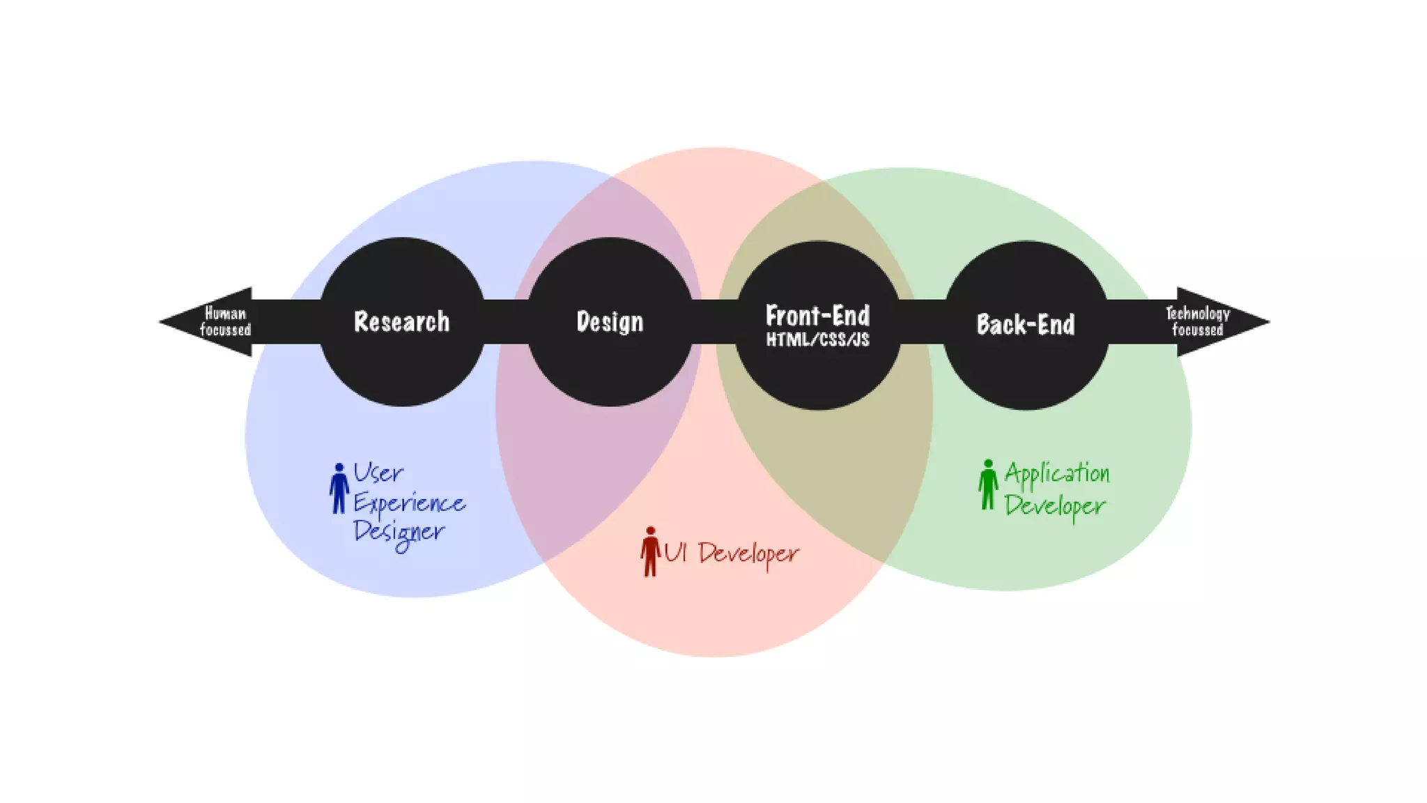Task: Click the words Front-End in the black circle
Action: pyautogui.click(x=817, y=316)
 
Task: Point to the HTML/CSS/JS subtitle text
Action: pyautogui.click(x=817, y=339)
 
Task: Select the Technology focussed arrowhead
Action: pyautogui.click(x=1219, y=322)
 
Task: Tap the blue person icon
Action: pyautogui.click(x=339, y=489)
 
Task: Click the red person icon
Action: pyautogui.click(x=650, y=551)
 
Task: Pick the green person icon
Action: pyautogui.click(x=987, y=484)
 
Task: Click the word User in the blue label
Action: pyautogui.click(x=378, y=473)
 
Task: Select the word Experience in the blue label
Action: pyautogui.click(x=409, y=503)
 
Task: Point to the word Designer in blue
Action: pyautogui.click(x=399, y=533)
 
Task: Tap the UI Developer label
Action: pyautogui.click(x=732, y=553)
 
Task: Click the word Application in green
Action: pyautogui.click(x=1057, y=473)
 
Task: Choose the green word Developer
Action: pyautogui.click(x=1055, y=505)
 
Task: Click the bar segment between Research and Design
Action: pyautogui.click(x=507, y=322)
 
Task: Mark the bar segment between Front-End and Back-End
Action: pyautogui.click(x=922, y=322)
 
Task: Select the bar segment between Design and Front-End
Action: pyautogui.click(x=715, y=322)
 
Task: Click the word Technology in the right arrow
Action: pyautogui.click(x=1198, y=314)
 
